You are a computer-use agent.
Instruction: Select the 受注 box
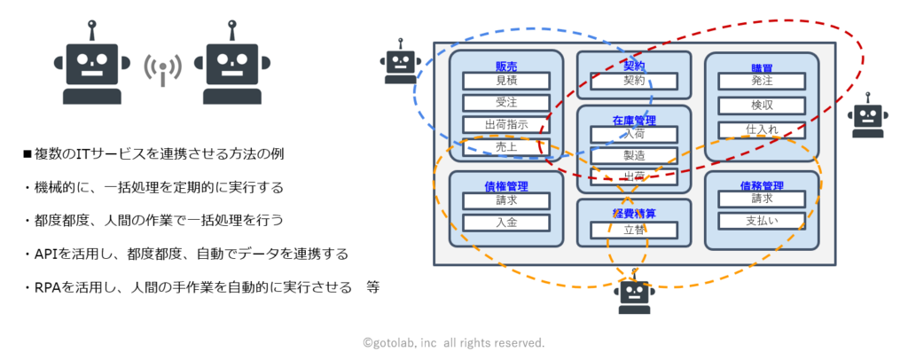pyautogui.click(x=506, y=103)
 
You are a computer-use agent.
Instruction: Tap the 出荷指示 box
pyautogui.click(x=506, y=125)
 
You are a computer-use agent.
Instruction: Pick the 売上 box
pyautogui.click(x=506, y=147)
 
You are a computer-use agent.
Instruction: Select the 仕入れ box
pyautogui.click(x=762, y=129)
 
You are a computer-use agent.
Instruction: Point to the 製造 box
pyautogui.click(x=634, y=155)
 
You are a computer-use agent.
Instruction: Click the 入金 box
pyautogui.click(x=506, y=223)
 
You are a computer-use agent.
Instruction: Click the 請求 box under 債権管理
pyautogui.click(x=506, y=200)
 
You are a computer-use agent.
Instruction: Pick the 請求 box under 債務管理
pyautogui.click(x=762, y=200)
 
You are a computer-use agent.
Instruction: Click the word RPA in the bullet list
pyautogui.click(x=47, y=287)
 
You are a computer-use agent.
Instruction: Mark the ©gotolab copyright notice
pyautogui.click(x=453, y=341)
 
